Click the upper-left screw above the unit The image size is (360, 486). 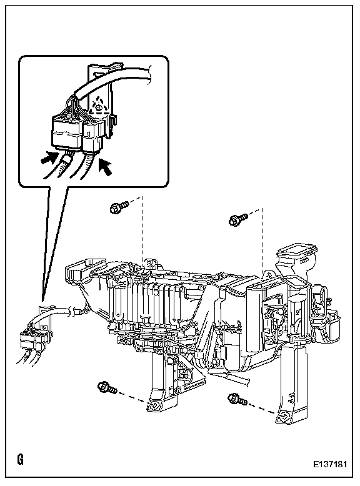coord(119,207)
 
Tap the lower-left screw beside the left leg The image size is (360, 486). coord(107,387)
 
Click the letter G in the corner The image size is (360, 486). coord(20,459)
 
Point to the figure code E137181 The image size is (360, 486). coord(329,464)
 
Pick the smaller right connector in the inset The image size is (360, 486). coord(92,136)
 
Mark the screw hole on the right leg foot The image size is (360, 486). coord(284,418)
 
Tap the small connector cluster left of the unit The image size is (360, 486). coord(31,338)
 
